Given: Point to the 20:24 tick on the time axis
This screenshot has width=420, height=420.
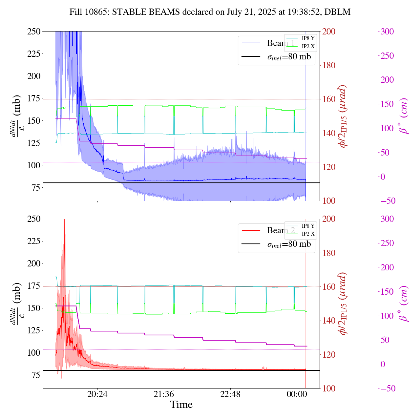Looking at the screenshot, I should [x=97, y=394].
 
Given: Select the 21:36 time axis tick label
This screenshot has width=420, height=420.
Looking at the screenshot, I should [x=164, y=394].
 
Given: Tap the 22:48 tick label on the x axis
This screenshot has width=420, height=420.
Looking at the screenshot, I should [x=230, y=394].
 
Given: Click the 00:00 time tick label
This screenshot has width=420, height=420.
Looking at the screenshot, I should [x=297, y=394].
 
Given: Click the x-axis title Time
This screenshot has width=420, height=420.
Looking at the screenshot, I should [x=181, y=405].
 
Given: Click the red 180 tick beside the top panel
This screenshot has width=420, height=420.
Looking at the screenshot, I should [x=329, y=65].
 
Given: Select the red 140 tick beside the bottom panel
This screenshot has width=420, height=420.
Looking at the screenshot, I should [x=329, y=321].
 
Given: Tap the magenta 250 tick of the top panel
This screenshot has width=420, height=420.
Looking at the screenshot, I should [x=387, y=56].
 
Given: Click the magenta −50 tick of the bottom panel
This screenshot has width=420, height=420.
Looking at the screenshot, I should [x=387, y=388].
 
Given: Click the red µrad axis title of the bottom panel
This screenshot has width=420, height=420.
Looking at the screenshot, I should [x=343, y=304].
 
